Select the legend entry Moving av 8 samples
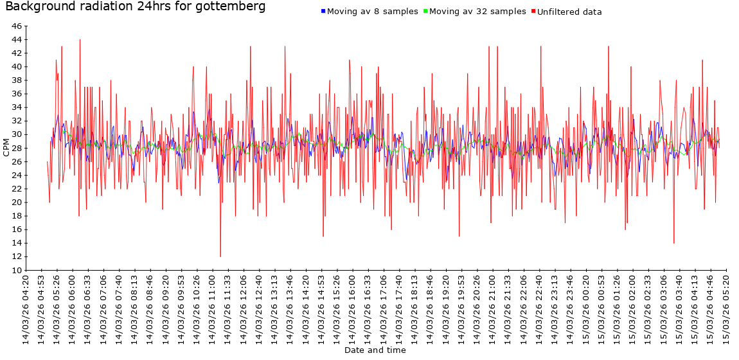coord(372,12)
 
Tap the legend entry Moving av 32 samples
coord(477,12)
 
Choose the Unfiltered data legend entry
coord(569,12)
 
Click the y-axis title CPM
coord(6,148)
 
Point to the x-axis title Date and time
coord(375,350)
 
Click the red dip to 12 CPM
coord(220,256)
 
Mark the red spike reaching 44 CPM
coord(80,40)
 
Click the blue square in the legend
coord(323,12)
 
